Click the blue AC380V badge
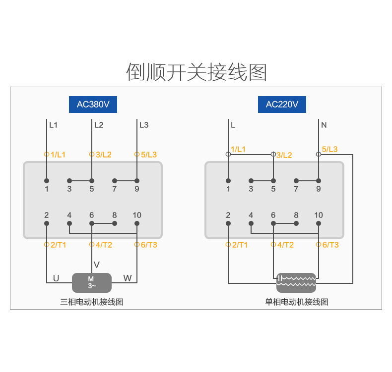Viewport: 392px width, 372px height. pos(93,105)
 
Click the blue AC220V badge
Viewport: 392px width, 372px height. pos(282,105)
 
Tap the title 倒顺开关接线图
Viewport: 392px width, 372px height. pos(196,72)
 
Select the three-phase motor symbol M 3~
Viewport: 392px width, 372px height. pos(92,282)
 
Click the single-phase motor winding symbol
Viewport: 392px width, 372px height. pos(296,282)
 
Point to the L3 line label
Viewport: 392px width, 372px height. pos(144,125)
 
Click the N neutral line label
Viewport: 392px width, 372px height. pos(324,125)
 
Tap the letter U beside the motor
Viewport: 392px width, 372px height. pos(56,278)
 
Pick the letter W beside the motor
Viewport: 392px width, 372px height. pos(128,278)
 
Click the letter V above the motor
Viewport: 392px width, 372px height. pos(97,265)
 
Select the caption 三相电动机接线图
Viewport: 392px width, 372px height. pos(92,302)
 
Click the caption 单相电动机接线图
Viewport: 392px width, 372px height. pos(296,302)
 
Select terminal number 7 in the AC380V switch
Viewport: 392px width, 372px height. pos(114,189)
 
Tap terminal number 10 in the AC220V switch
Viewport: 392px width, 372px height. pos(319,215)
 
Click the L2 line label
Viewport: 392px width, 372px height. pos(99,125)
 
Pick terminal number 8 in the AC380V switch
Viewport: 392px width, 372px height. pos(115,215)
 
